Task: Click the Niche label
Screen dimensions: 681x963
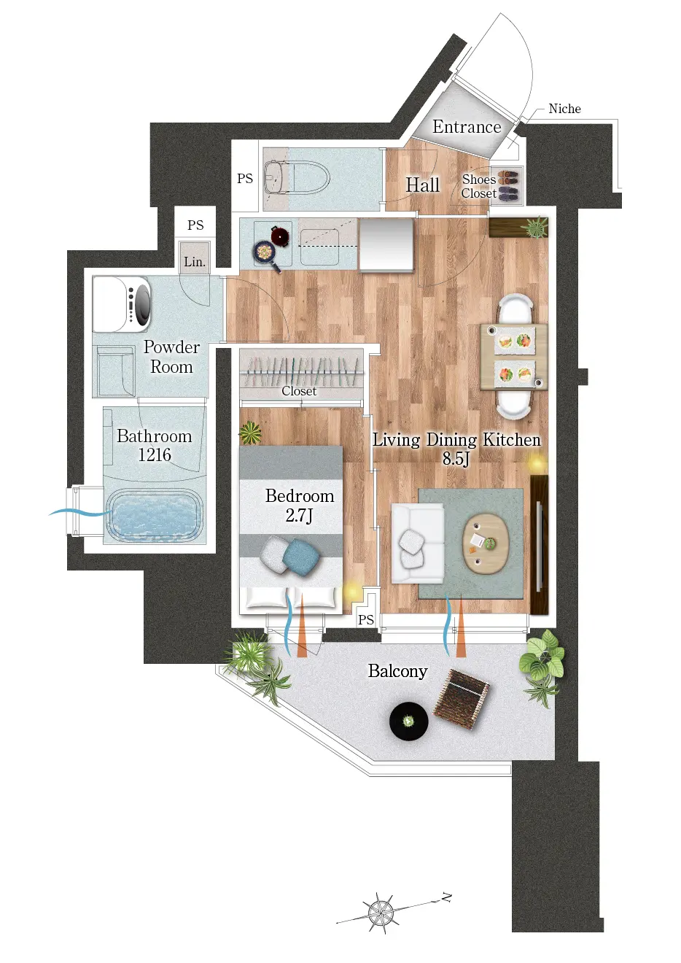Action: pos(564,109)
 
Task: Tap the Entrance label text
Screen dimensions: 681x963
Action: pos(467,127)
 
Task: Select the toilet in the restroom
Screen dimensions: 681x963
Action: pos(297,177)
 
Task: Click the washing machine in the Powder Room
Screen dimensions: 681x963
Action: pos(122,304)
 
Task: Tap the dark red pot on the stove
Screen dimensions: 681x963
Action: pos(281,235)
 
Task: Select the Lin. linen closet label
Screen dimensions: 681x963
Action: pos(195,261)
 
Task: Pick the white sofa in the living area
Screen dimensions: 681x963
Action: pos(418,543)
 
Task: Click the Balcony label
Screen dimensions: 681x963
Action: pos(397,671)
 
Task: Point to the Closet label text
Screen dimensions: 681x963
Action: pos(299,391)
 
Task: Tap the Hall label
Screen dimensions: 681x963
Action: pos(423,185)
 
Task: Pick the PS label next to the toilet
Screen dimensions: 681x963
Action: pos(245,179)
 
